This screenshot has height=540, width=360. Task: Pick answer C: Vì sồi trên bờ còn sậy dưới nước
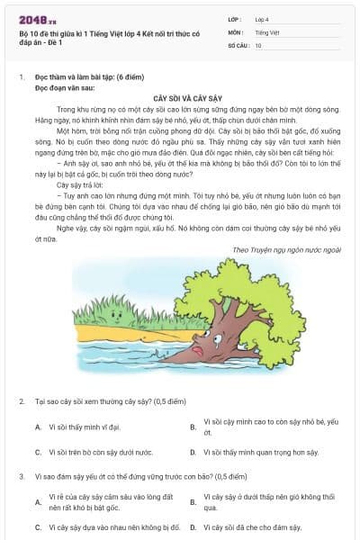(100, 453)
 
